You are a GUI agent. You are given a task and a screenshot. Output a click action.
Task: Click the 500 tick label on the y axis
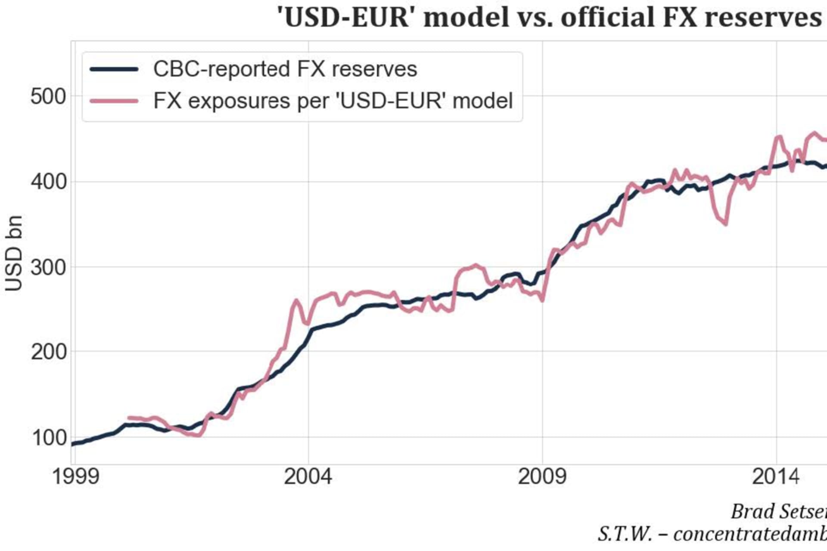pyautogui.click(x=48, y=97)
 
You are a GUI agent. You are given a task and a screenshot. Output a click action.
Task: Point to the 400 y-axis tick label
pyautogui.click(x=48, y=182)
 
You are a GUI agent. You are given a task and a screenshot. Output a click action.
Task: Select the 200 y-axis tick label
pyautogui.click(x=48, y=352)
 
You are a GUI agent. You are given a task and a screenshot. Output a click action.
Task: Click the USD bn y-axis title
pyautogui.click(x=14, y=254)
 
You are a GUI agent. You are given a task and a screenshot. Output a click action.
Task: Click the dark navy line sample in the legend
pyautogui.click(x=114, y=69)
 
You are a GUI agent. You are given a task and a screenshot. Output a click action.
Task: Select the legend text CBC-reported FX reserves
pyautogui.click(x=285, y=69)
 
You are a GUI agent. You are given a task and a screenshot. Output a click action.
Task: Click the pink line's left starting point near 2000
pyautogui.click(x=129, y=418)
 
